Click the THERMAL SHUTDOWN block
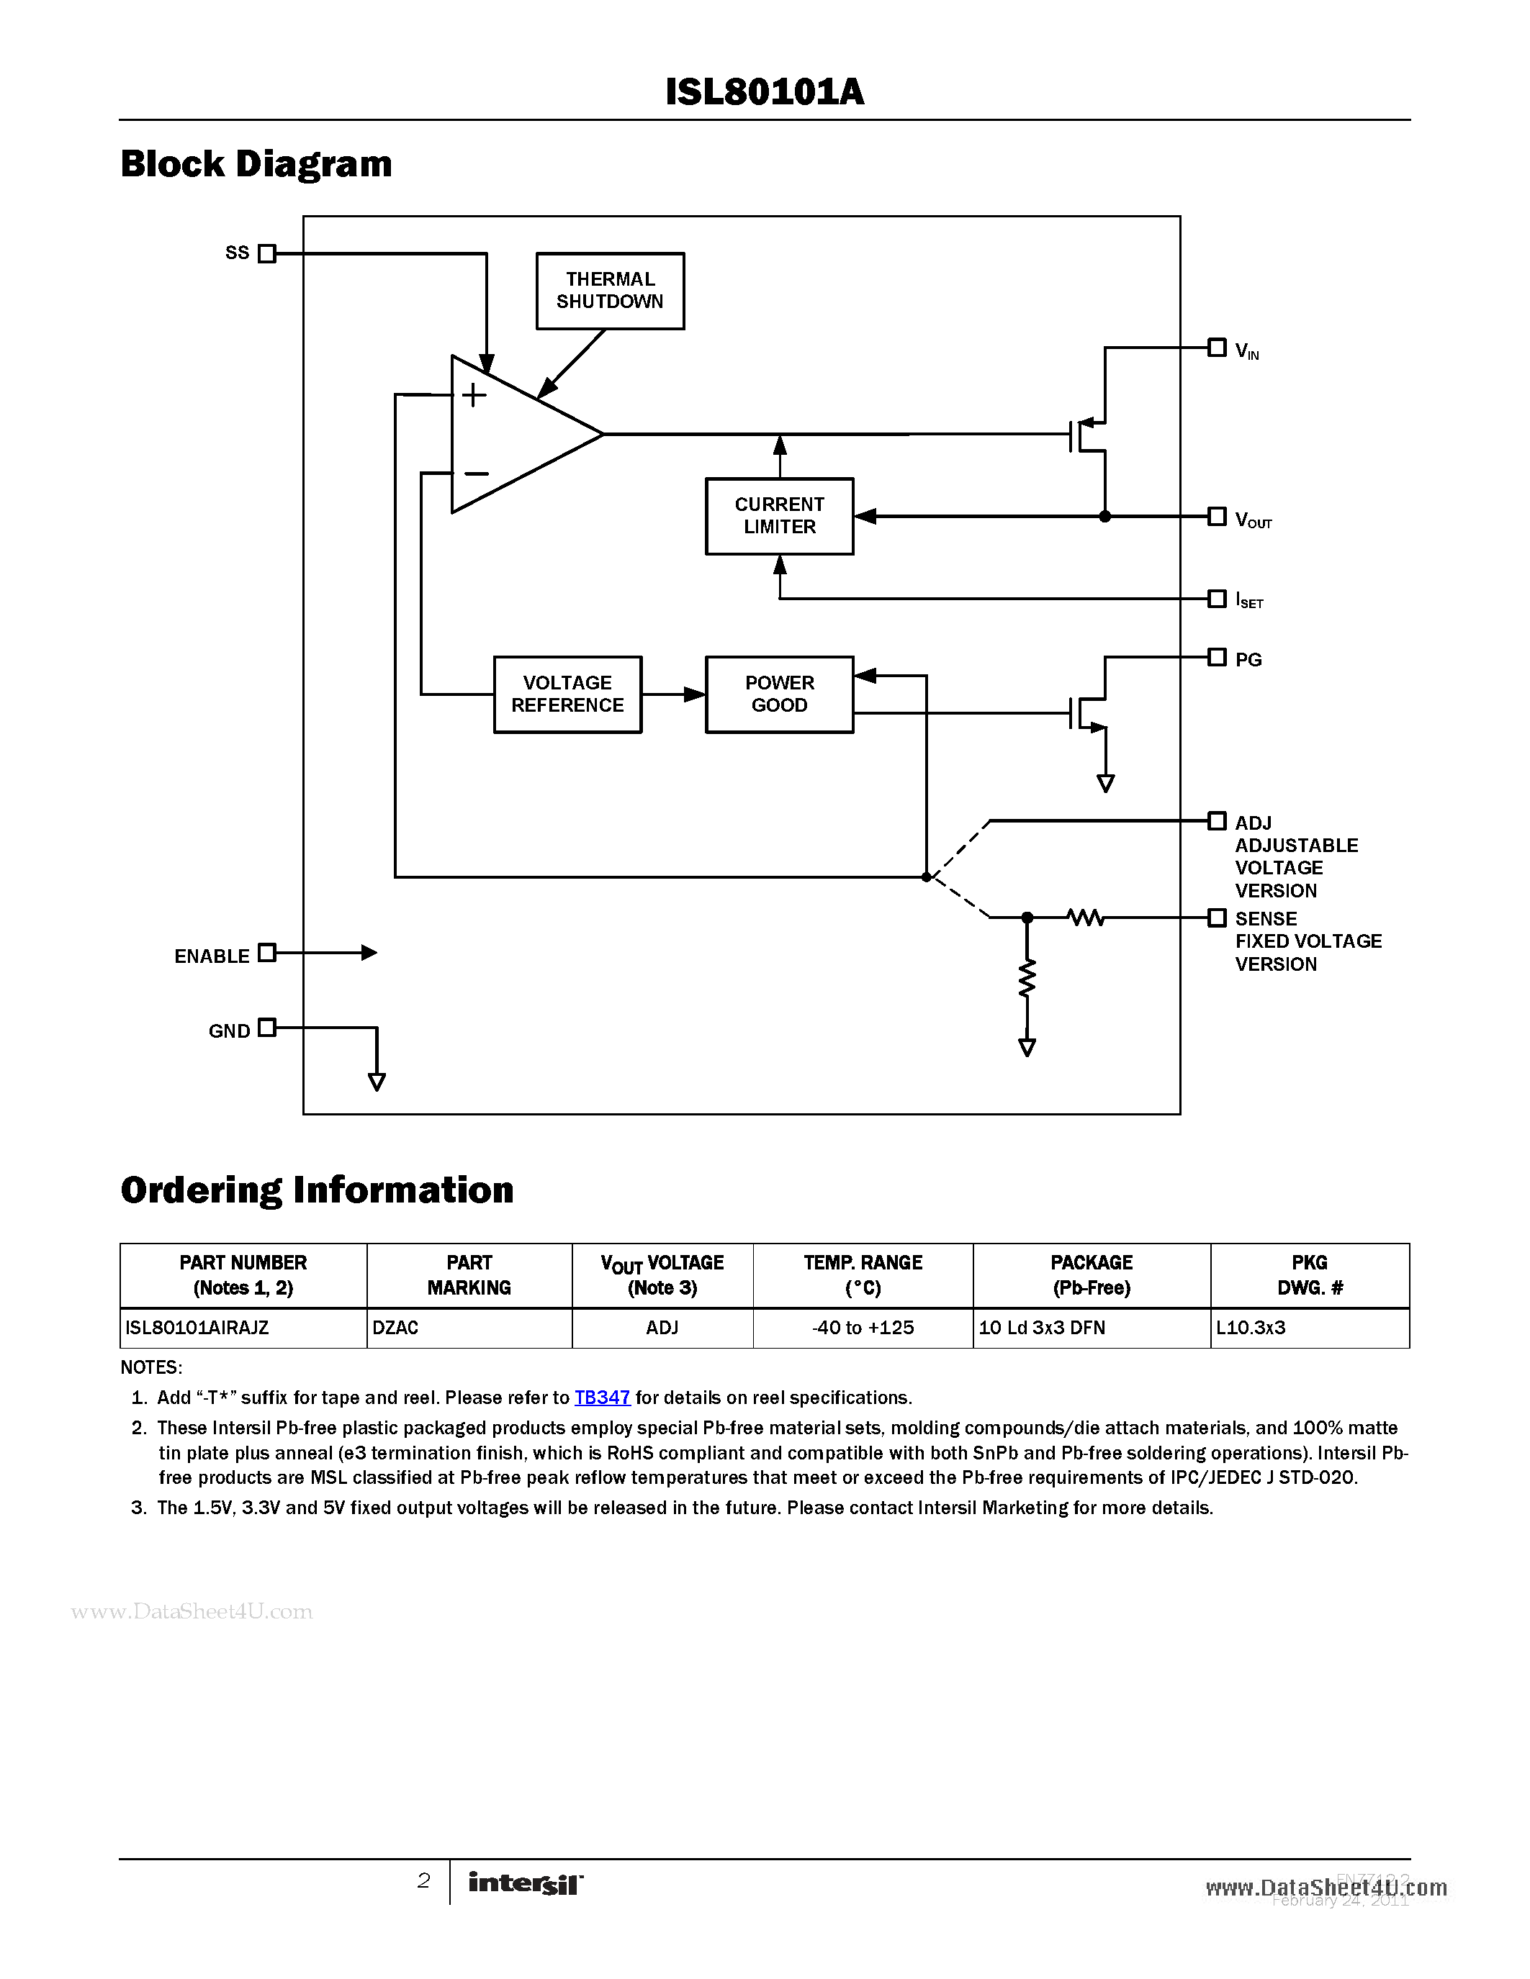pyautogui.click(x=610, y=291)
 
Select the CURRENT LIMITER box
pyautogui.click(x=780, y=515)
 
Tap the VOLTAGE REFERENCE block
pyautogui.click(x=567, y=694)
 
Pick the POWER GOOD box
pyautogui.click(x=780, y=694)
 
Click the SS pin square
pyautogui.click(x=266, y=254)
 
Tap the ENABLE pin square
pyautogui.click(x=266, y=952)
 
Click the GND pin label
pyautogui.click(x=229, y=1031)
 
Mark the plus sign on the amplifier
pyautogui.click(x=474, y=395)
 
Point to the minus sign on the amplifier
pyautogui.click(x=476, y=473)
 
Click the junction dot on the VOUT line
pyautogui.click(x=1105, y=517)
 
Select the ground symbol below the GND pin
pyautogui.click(x=377, y=1081)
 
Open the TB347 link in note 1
pyautogui.click(x=602, y=1398)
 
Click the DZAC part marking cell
pyautogui.click(x=469, y=1328)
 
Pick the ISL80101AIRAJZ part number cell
pyautogui.click(x=243, y=1328)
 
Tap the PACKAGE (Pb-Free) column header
pyautogui.click(x=1092, y=1275)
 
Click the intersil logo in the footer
pyautogui.click(x=525, y=1883)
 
